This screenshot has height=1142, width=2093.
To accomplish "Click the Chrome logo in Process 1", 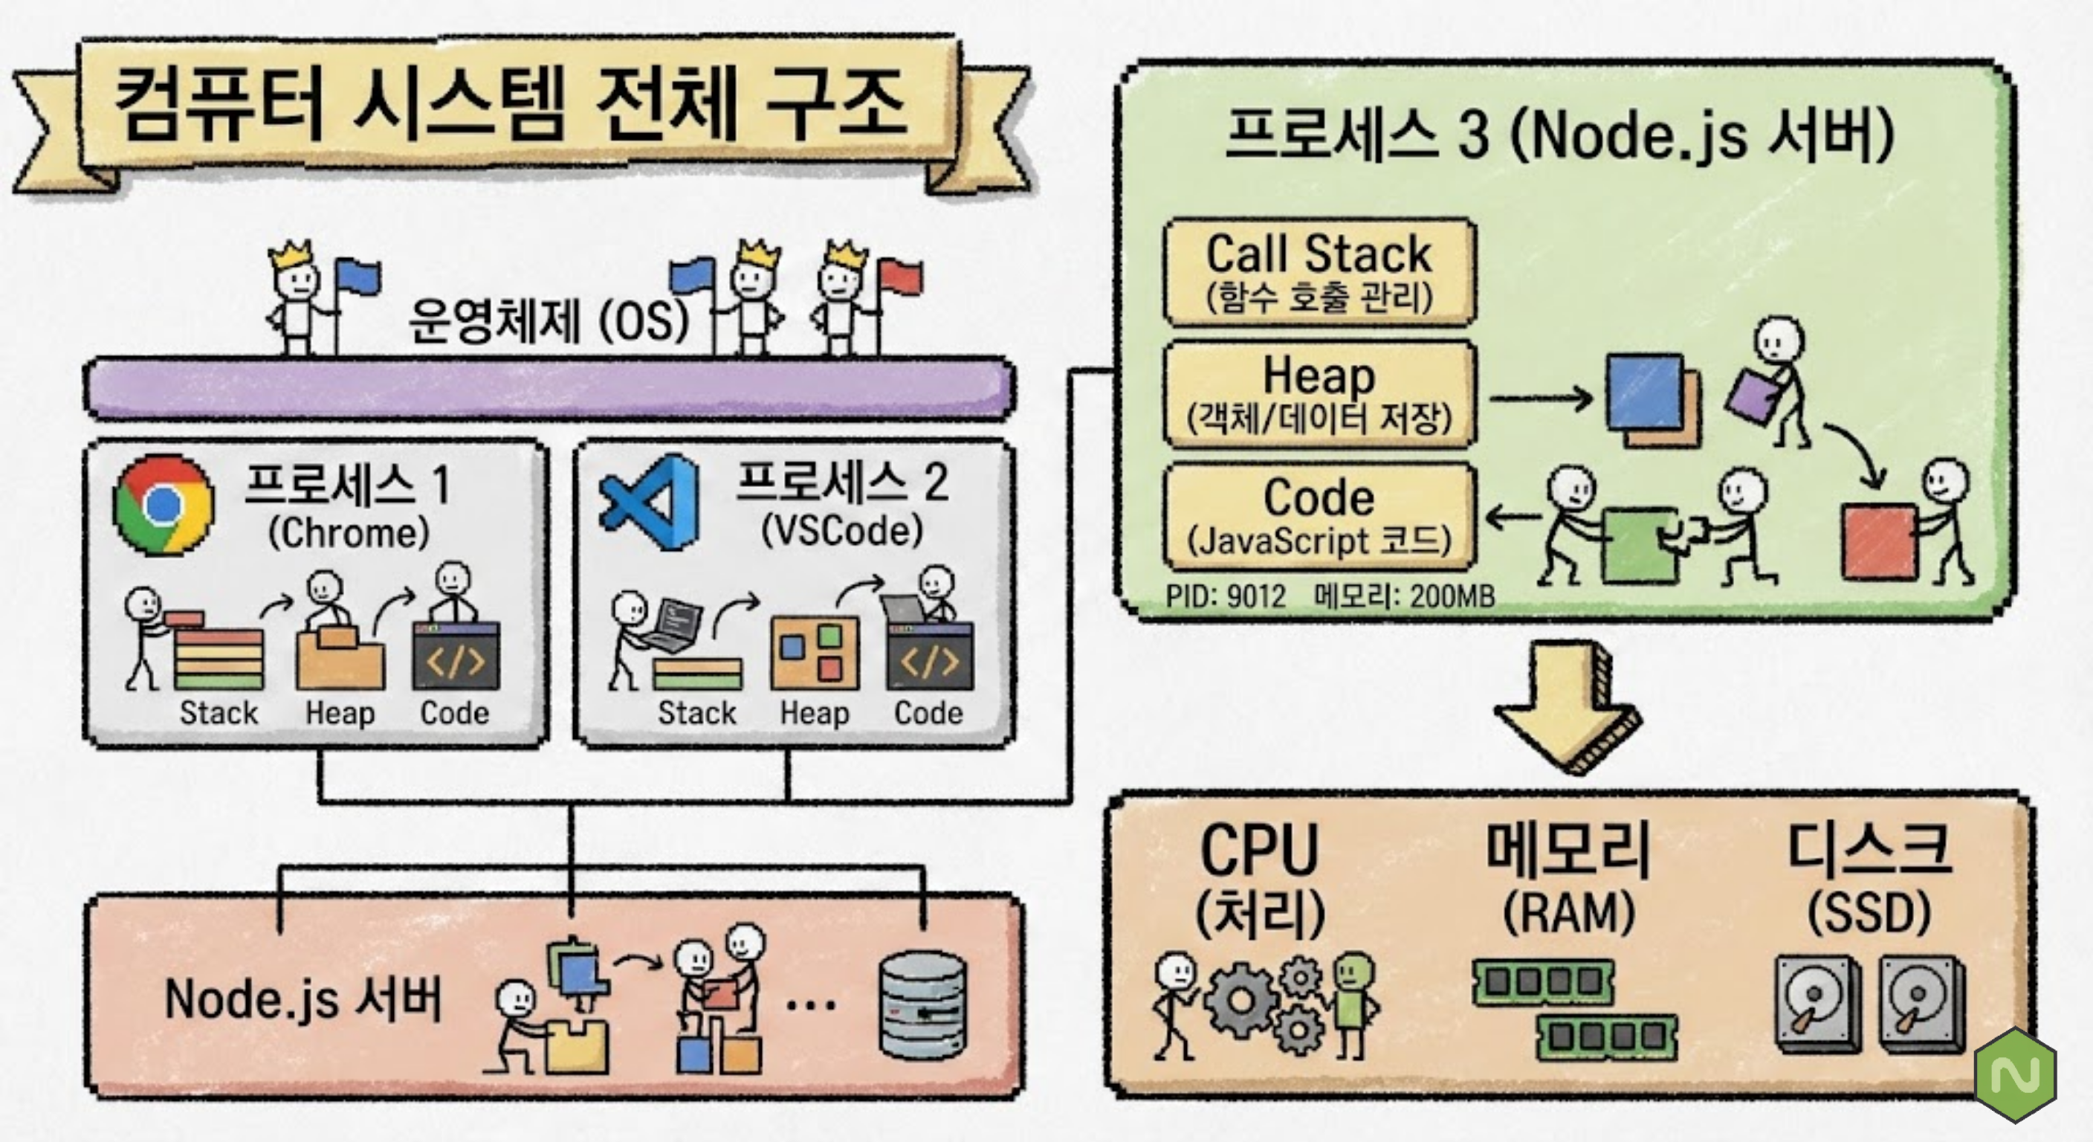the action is (164, 504).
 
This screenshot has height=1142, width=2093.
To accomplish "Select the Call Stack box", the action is (1319, 271).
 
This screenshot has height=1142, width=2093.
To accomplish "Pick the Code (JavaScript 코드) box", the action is (1319, 517).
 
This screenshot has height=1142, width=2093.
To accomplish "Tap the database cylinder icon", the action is (924, 1005).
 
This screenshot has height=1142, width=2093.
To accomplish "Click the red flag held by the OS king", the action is (900, 277).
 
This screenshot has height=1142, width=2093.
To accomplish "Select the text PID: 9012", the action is (1225, 596).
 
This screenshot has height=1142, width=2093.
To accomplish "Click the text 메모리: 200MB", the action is (1404, 596).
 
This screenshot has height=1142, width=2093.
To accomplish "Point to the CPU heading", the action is (1258, 849).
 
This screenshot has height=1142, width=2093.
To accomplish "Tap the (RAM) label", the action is (1569, 914).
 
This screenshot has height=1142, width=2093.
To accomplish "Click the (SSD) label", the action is (1869, 912).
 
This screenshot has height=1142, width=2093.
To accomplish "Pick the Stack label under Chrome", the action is (219, 713).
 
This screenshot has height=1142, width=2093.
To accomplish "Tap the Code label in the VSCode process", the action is (928, 713).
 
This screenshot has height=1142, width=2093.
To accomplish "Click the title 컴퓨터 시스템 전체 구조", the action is (511, 104).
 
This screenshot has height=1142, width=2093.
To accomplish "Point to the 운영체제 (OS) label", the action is (549, 320).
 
